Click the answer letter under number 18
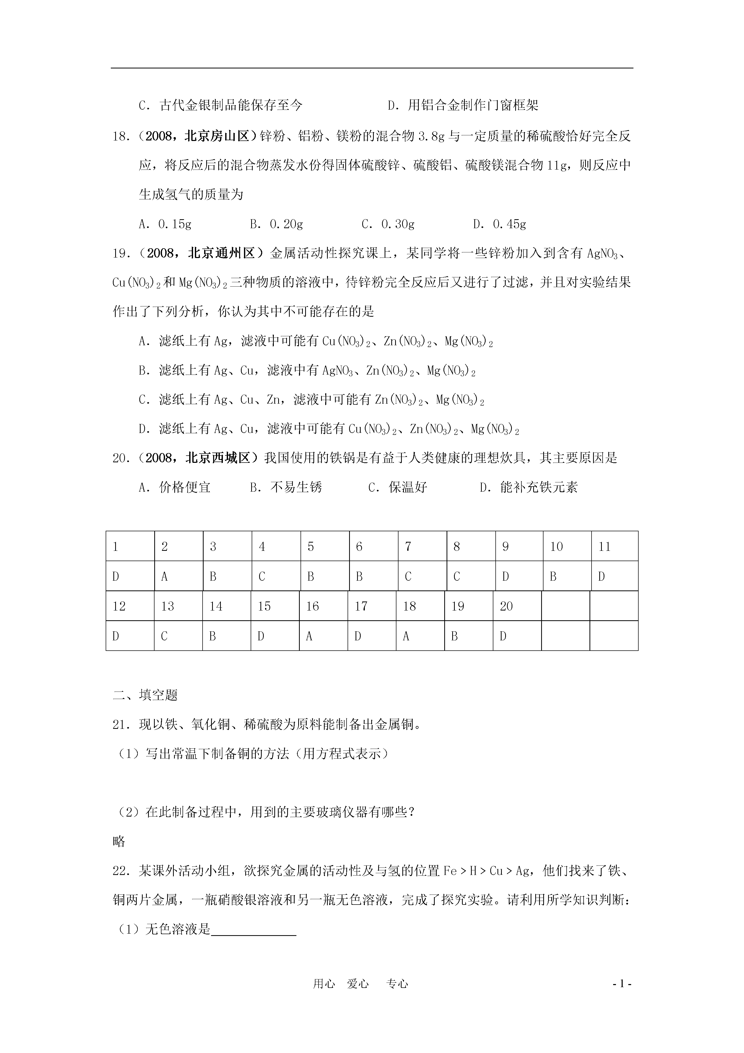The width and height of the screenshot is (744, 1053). click(406, 636)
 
